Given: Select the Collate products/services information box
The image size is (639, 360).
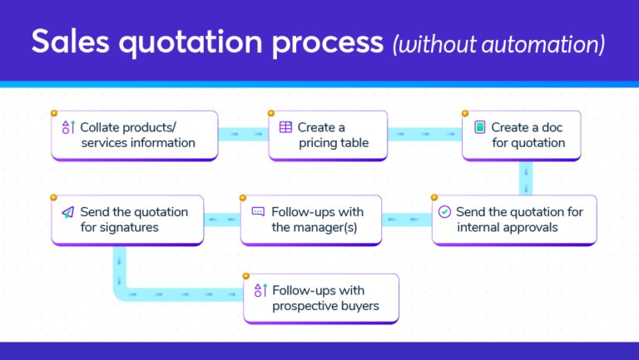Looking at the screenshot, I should click(x=135, y=136).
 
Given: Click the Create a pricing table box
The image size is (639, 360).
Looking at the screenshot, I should click(x=327, y=136).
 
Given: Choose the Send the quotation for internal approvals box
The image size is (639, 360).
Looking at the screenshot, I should click(x=513, y=219).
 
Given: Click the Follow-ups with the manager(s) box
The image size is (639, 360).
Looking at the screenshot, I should click(x=311, y=219).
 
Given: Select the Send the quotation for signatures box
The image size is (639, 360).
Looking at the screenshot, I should click(x=127, y=219).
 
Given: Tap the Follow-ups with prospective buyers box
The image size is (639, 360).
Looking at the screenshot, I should click(x=321, y=298).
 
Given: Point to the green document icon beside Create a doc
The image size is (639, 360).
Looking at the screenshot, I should click(x=478, y=127).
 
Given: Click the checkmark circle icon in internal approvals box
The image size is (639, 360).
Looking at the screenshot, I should click(x=444, y=212).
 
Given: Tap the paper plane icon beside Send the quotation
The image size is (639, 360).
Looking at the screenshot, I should click(x=68, y=212).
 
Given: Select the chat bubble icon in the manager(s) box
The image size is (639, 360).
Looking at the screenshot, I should click(x=258, y=212).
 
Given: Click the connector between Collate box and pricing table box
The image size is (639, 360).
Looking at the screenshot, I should click(x=243, y=133).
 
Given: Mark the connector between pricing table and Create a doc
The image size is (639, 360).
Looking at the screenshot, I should click(x=424, y=133).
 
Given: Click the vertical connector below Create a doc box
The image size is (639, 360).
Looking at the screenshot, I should click(x=526, y=177).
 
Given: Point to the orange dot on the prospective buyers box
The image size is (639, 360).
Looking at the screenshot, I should click(x=245, y=275).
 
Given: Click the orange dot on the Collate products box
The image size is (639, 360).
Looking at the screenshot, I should click(x=53, y=112).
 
